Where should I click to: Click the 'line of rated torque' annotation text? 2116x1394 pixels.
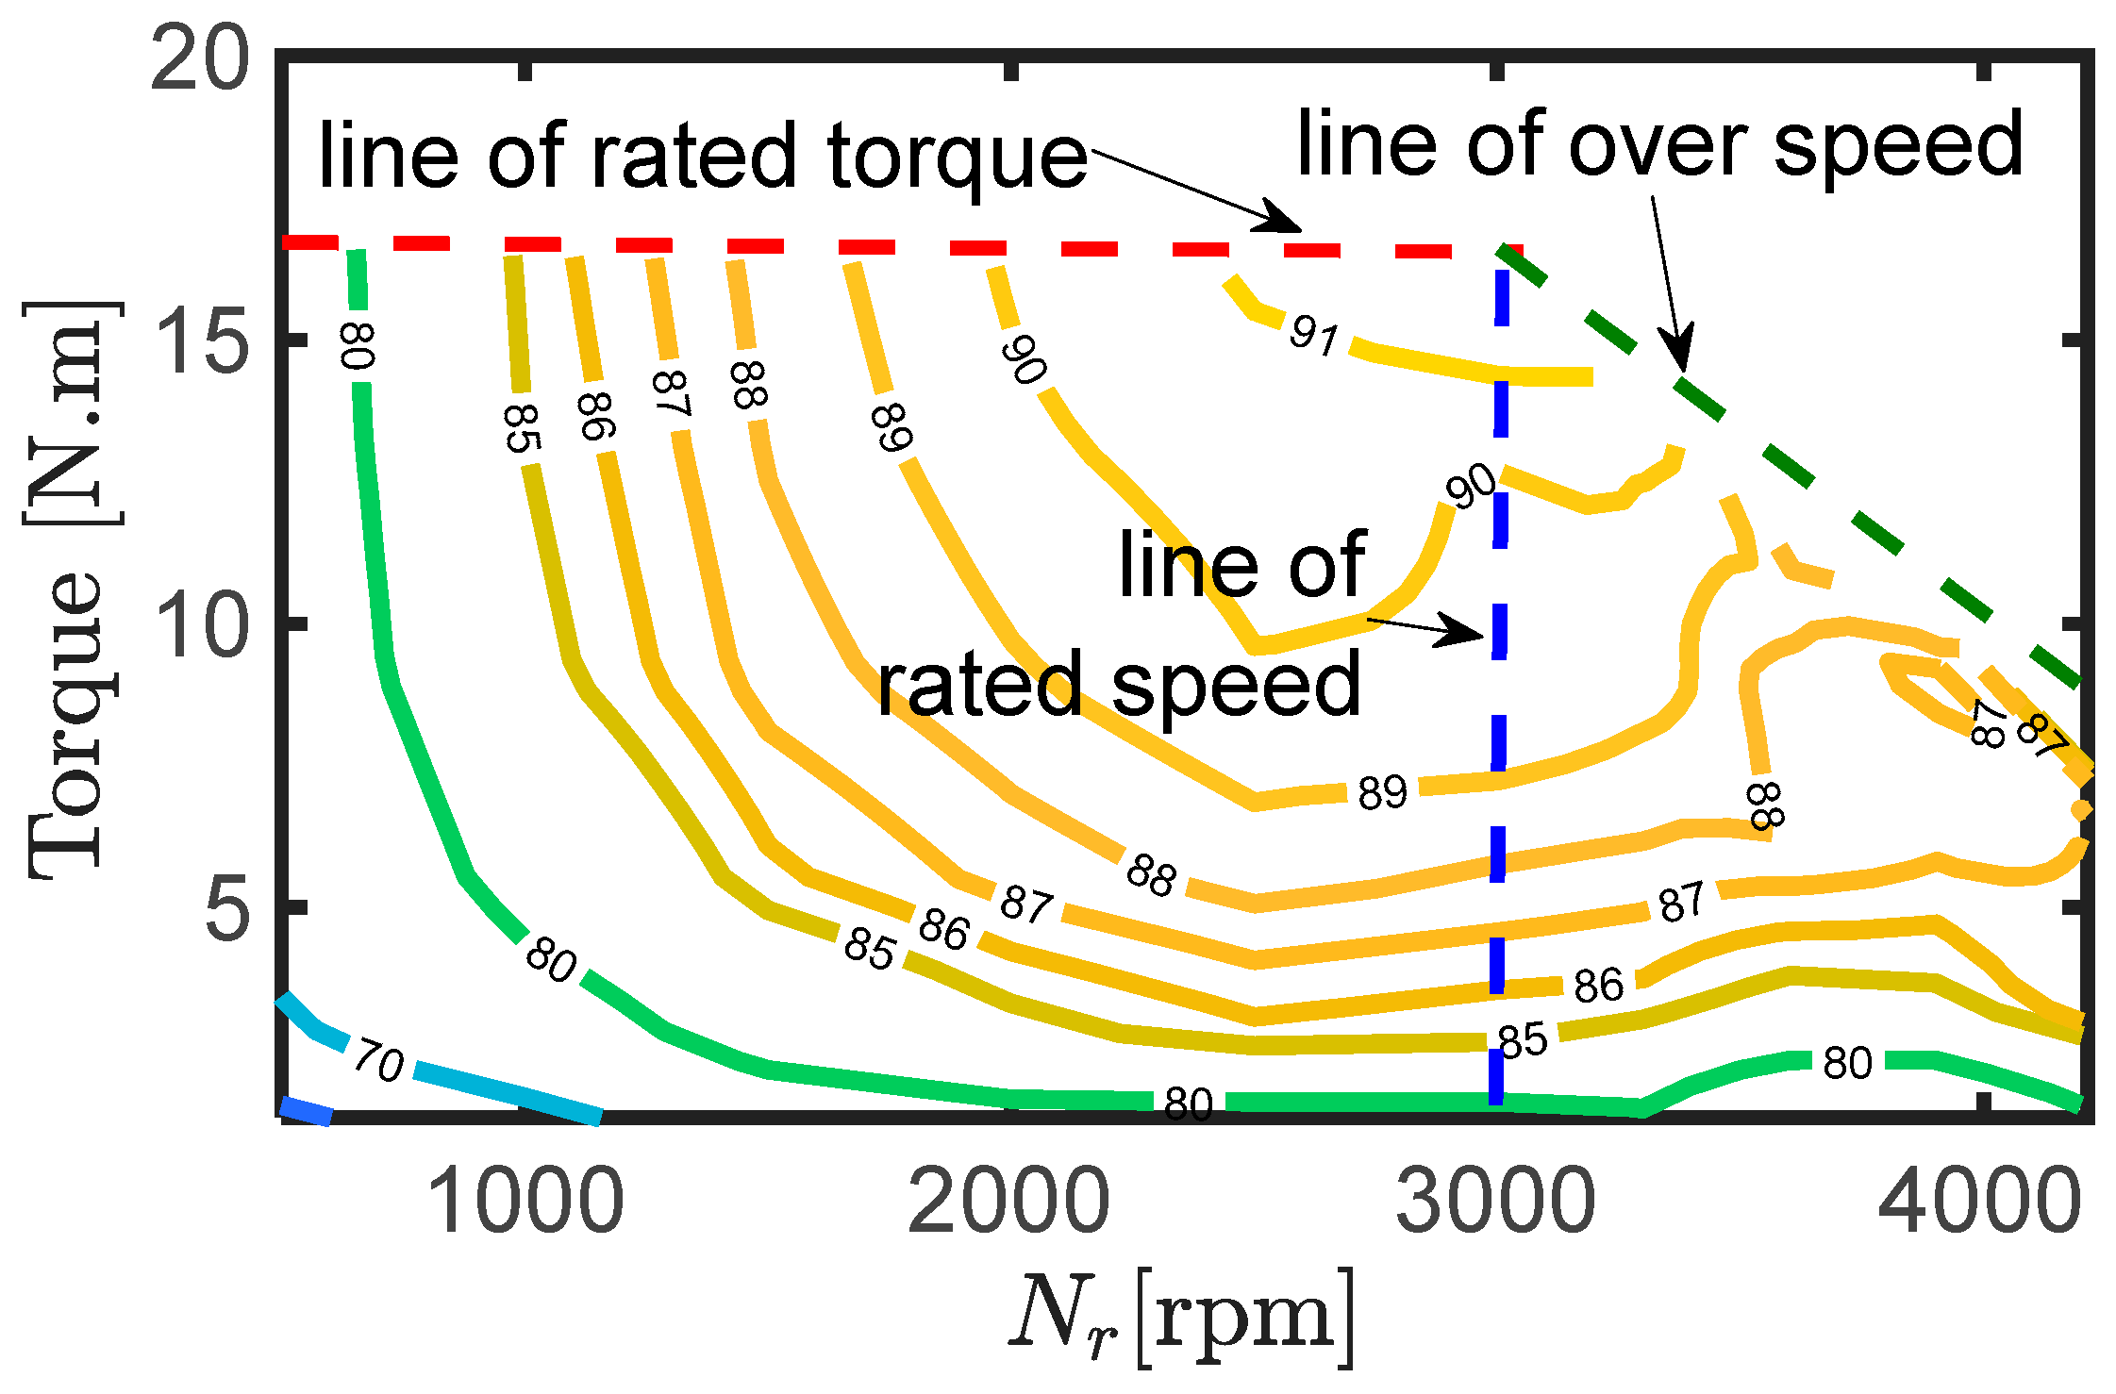coord(703,156)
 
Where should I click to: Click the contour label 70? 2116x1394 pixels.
coord(379,1062)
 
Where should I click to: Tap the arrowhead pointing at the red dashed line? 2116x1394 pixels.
coord(1283,221)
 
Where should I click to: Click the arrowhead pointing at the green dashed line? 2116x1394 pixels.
coord(1682,354)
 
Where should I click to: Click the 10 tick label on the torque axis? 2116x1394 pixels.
coord(200,625)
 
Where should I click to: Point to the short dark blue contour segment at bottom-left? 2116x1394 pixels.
coord(306,1111)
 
